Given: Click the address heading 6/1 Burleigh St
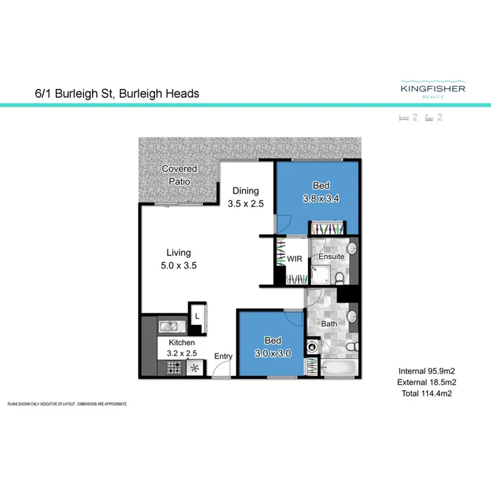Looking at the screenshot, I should coord(114,94).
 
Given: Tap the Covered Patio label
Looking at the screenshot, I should coord(179,175).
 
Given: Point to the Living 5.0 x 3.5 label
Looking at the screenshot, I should coord(179,259).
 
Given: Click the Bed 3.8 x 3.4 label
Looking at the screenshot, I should coord(321,192).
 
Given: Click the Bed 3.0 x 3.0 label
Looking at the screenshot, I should coord(273,347).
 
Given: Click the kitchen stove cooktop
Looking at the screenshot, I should coord(174,368).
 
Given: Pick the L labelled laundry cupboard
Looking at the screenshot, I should coord(197,317).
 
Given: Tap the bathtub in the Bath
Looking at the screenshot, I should coord(339,368).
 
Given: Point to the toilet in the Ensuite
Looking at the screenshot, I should coord(340,277).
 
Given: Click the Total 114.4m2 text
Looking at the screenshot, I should coord(426,393).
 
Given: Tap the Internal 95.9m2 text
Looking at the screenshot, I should coord(426,371).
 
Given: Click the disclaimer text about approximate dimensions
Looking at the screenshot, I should coord(67,404).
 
